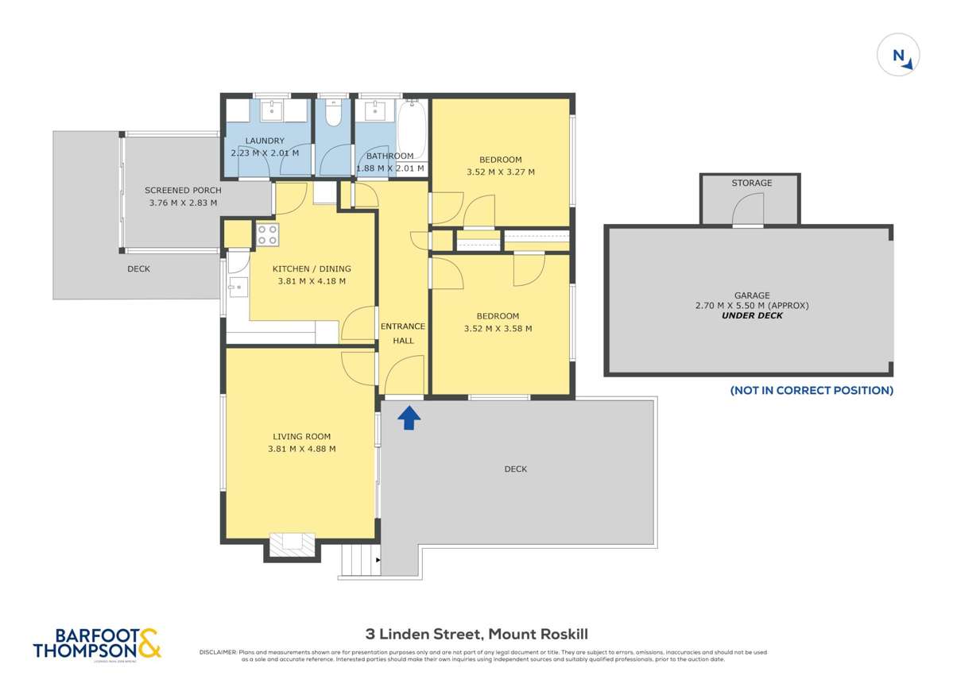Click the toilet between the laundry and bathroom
[334, 115]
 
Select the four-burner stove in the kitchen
[267, 234]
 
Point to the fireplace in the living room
[291, 544]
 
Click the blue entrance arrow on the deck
[409, 418]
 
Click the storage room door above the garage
[748, 211]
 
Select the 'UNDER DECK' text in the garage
[751, 315]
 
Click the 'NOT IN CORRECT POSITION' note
[812, 390]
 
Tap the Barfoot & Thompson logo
[96, 643]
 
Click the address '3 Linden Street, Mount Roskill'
[476, 633]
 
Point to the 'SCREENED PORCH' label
[183, 191]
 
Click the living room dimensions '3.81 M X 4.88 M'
[301, 449]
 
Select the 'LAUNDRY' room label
[265, 141]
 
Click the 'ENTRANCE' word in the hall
[403, 326]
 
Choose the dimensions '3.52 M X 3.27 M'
[500, 172]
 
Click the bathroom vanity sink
[373, 110]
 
